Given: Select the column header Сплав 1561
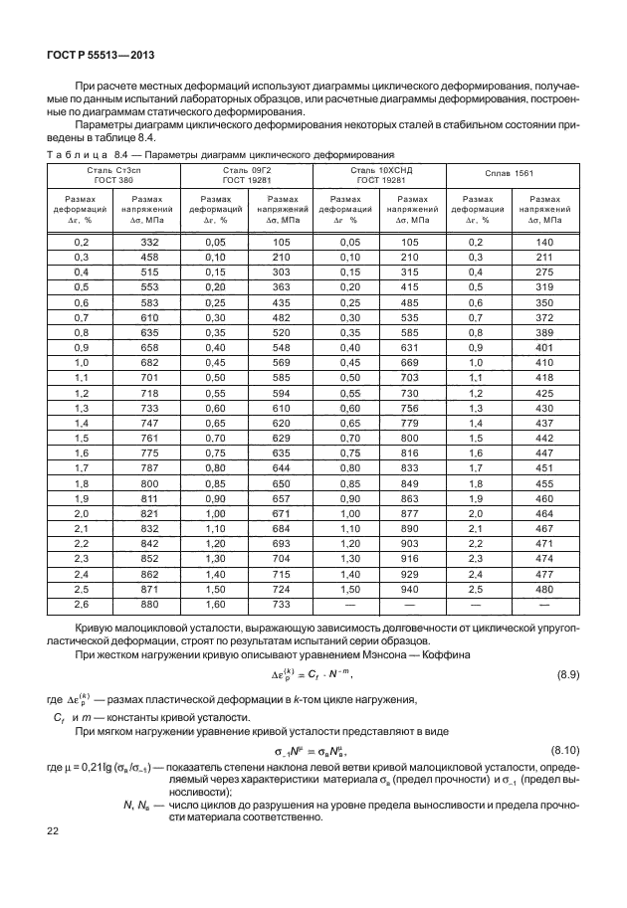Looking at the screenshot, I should (x=511, y=174).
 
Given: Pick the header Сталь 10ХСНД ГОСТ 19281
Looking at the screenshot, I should (x=378, y=175).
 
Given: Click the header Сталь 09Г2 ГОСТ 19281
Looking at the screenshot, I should (x=246, y=175).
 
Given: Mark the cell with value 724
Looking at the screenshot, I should (x=281, y=590).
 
